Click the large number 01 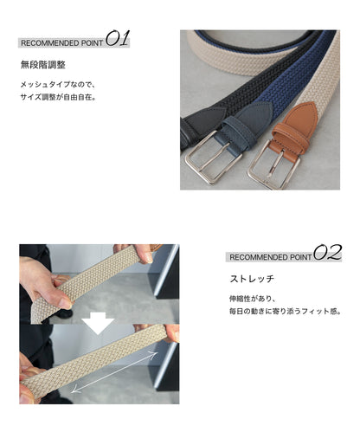(x=117, y=39)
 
